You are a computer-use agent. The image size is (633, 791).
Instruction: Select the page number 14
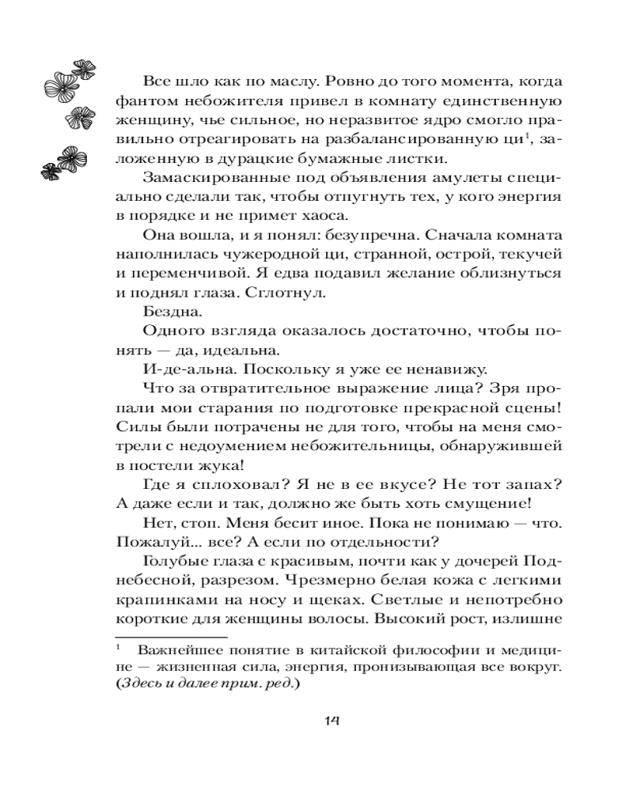[334, 719]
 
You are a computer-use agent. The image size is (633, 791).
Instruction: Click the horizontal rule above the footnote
[171, 634]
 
